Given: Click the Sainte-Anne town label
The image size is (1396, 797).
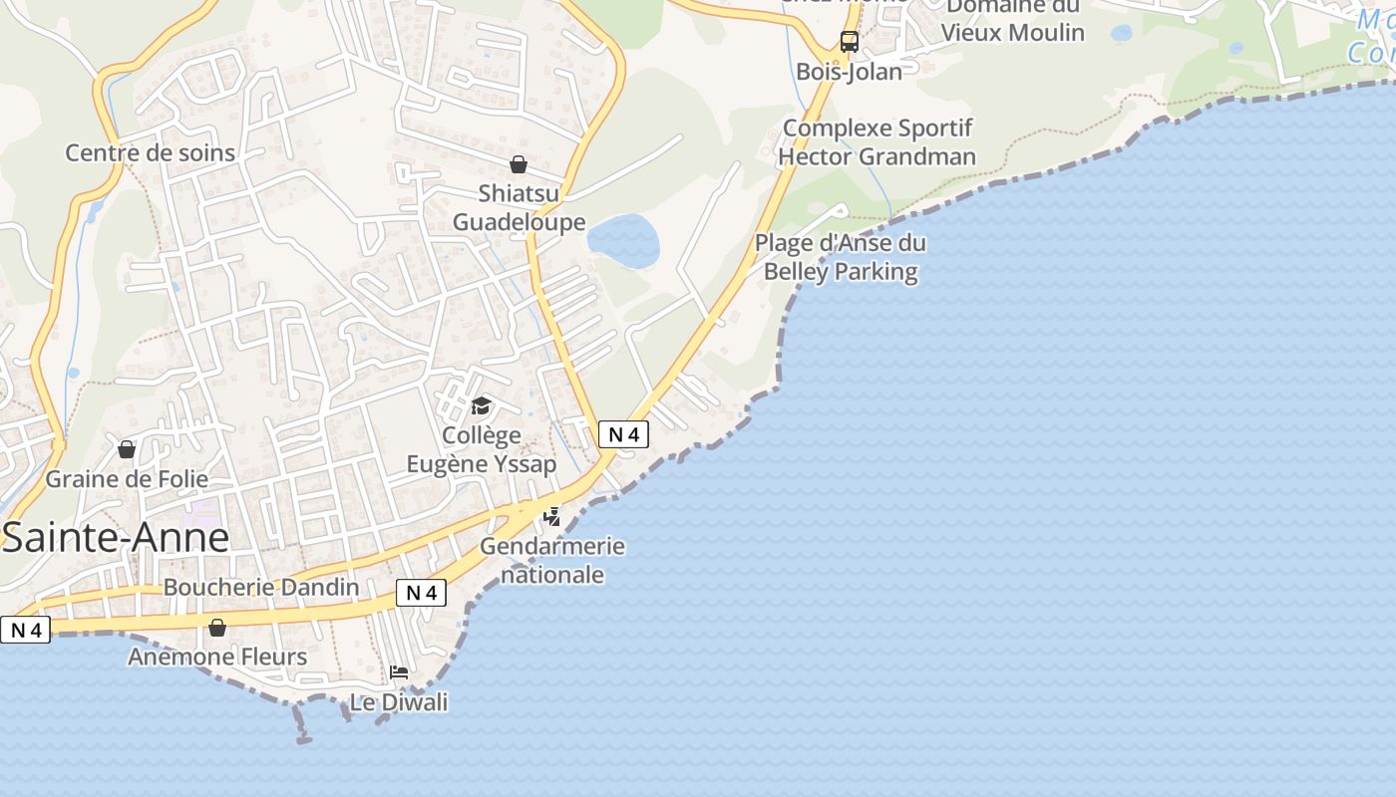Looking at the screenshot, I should coord(116,538).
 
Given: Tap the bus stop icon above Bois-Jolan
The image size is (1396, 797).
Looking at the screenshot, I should coord(850,42).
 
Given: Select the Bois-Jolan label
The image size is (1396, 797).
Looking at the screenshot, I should coord(850,72).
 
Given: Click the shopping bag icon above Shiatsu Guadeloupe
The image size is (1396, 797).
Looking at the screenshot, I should coord(519,164).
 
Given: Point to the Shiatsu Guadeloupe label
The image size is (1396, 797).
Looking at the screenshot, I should coord(519,207).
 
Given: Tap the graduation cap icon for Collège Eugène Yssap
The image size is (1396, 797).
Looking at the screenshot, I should coord(482,405).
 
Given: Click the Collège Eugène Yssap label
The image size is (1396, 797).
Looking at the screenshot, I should coord(482,449).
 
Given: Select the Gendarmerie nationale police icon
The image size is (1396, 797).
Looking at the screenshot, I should coord(551,516).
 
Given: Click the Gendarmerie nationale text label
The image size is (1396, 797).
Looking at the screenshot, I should coord(552,560).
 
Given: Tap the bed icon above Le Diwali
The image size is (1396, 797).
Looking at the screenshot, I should coord(399,672).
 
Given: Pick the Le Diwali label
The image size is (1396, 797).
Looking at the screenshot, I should coord(399,702).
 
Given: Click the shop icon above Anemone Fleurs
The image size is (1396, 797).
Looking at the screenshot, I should coord(217,628).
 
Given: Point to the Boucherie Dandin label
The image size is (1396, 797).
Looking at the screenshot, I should coord(261,587).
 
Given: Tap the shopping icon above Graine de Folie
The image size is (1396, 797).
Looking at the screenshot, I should coord(127,449).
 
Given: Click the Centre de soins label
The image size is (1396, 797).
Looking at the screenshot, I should coord(151,152).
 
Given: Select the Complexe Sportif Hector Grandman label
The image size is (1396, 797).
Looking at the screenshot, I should coord(876,142).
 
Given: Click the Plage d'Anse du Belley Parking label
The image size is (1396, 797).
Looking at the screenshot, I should coord(840,257).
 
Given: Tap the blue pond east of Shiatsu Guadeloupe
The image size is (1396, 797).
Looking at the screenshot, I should coord(623,240).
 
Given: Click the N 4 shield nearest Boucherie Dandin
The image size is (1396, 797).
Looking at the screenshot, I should coord(421,593).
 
